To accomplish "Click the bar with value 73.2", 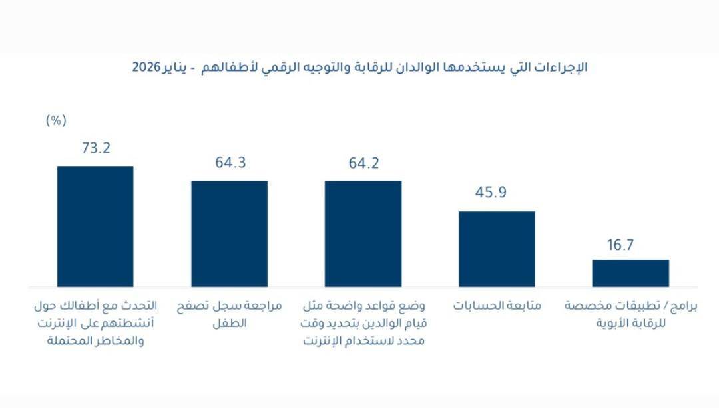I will click(x=95, y=227).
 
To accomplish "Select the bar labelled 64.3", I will click(x=230, y=234).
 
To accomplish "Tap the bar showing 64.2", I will click(x=363, y=234).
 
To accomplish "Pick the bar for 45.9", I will click(x=497, y=249).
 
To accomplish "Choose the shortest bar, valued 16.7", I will click(x=630, y=273).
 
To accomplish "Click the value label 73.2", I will click(x=95, y=148).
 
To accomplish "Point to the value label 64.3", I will click(x=230, y=163).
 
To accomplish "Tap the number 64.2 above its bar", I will click(x=363, y=163).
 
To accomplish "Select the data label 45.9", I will click(x=497, y=193).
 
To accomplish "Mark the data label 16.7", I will click(x=620, y=245).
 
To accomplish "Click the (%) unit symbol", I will click(x=56, y=120).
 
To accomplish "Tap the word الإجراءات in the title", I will click(x=563, y=68).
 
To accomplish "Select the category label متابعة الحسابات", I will click(x=497, y=307).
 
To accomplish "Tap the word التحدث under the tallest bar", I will click(x=141, y=306).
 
